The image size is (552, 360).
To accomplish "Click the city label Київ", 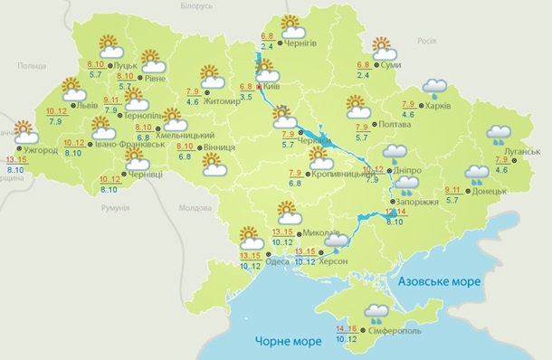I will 271,87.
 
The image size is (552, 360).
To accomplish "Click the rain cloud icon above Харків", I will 436,88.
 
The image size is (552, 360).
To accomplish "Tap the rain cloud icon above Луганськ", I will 499,136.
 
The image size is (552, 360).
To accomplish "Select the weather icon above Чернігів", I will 290,25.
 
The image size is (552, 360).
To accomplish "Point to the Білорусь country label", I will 195,6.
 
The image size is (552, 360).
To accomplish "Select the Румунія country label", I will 115,208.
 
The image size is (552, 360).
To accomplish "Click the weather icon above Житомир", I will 213,75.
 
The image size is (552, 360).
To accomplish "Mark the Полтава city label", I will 389,127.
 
